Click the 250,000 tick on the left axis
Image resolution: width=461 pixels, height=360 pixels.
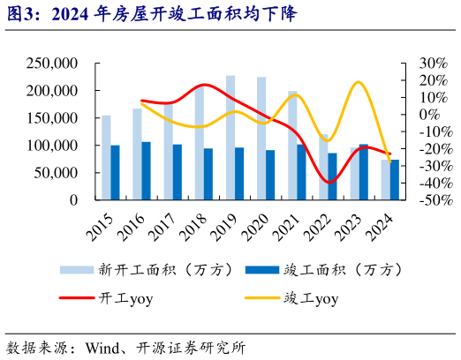pos(51,64)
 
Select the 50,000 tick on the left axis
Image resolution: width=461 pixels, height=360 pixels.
pos(55,173)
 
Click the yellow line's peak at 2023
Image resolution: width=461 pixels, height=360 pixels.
pos(358,82)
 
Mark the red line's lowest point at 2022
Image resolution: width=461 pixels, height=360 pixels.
pos(329,182)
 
